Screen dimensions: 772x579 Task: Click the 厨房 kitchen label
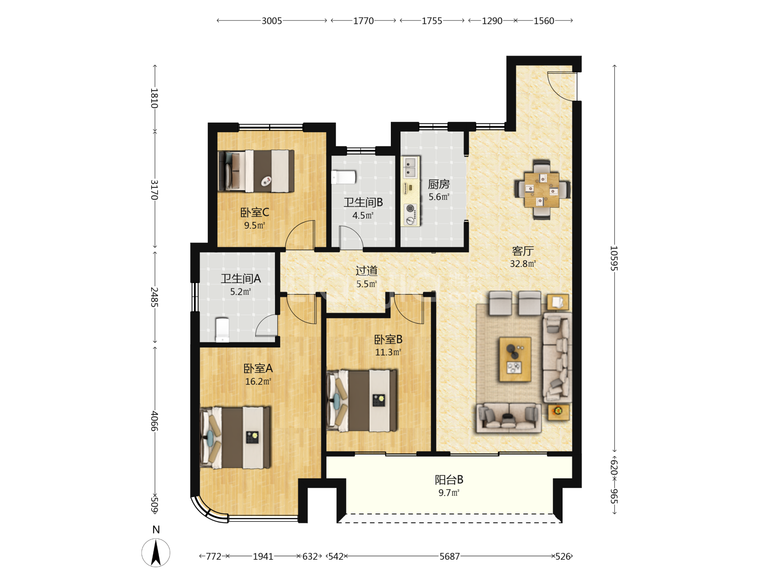pos(439,184)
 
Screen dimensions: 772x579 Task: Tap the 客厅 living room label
pos(523,251)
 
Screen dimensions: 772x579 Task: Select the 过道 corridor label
pos(366,271)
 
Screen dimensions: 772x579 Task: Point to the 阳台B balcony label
pos(449,480)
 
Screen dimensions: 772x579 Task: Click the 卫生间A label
pos(241,278)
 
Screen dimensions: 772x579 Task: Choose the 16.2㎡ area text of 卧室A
pos(258,381)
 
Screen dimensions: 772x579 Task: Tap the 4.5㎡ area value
pos(363,215)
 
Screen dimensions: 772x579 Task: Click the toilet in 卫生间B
pos(344,177)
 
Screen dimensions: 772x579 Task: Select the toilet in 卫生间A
pos(222,330)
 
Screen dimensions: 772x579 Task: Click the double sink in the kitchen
pos(410,168)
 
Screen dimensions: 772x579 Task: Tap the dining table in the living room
pos(542,190)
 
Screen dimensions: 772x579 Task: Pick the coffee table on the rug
pos(515,359)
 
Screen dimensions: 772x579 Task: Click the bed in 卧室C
pos(256,171)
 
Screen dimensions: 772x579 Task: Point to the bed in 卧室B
pos(361,401)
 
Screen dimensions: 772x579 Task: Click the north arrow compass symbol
pos(156,553)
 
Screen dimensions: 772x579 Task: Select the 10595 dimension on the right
pos(614,258)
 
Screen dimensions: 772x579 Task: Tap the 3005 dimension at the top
pos(272,21)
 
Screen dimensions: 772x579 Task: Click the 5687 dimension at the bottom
pos(450,556)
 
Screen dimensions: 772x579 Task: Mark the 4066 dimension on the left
pos(154,421)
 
